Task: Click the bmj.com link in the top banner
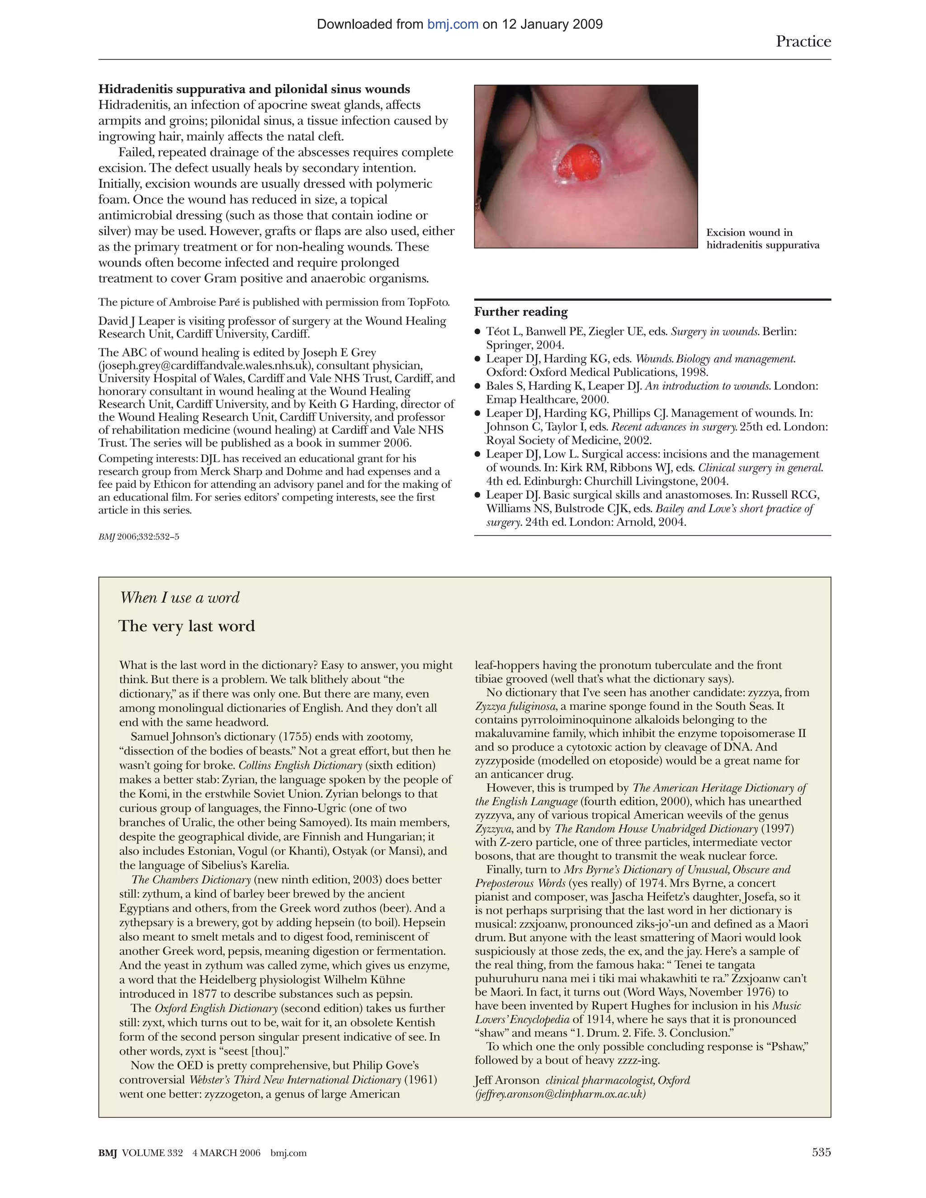tap(453, 24)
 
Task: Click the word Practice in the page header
tap(803, 42)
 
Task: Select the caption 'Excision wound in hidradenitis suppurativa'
tap(762, 239)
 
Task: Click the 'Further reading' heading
tap(520, 312)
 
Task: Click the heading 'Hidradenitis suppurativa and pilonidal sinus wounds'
tap(254, 90)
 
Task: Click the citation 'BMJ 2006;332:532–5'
tap(139, 537)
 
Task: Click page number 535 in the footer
tap(821, 1152)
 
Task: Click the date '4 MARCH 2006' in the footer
tap(226, 1153)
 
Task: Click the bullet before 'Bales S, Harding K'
tap(478, 386)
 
